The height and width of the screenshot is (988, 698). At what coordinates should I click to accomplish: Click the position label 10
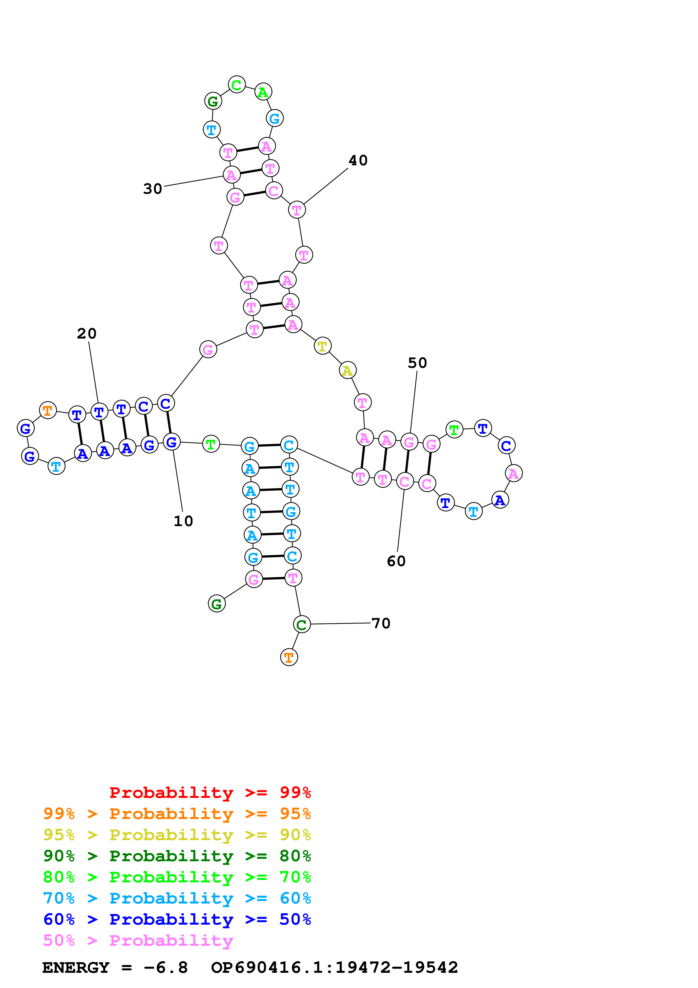(183, 521)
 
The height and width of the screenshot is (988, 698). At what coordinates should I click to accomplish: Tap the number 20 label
(87, 333)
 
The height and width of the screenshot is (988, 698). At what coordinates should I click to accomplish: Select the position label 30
(153, 188)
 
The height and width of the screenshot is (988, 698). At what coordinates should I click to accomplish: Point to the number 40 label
(358, 161)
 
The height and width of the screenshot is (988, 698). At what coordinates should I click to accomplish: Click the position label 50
(417, 363)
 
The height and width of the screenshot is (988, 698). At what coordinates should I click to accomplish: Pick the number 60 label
(396, 561)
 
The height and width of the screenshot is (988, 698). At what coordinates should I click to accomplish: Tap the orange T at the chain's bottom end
(289, 658)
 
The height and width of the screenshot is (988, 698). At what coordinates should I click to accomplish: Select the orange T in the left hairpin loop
(48, 411)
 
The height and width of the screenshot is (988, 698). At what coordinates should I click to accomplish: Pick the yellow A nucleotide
(347, 371)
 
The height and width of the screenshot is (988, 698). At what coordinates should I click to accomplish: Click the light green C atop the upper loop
(237, 85)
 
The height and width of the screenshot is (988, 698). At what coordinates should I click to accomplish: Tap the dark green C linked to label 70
(302, 624)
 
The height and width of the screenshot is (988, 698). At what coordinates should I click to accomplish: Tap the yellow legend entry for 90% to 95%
(177, 835)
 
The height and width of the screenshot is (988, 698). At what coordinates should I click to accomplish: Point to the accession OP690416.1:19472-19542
(334, 967)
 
